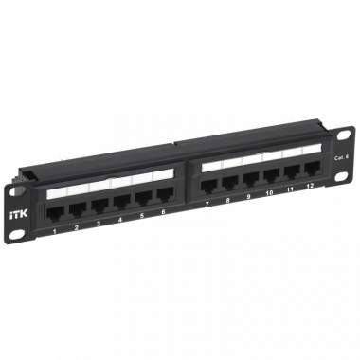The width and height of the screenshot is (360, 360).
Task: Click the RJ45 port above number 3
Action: (98, 207)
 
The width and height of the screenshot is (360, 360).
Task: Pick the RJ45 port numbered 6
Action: (163, 196)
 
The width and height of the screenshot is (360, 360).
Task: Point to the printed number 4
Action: (120, 221)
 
